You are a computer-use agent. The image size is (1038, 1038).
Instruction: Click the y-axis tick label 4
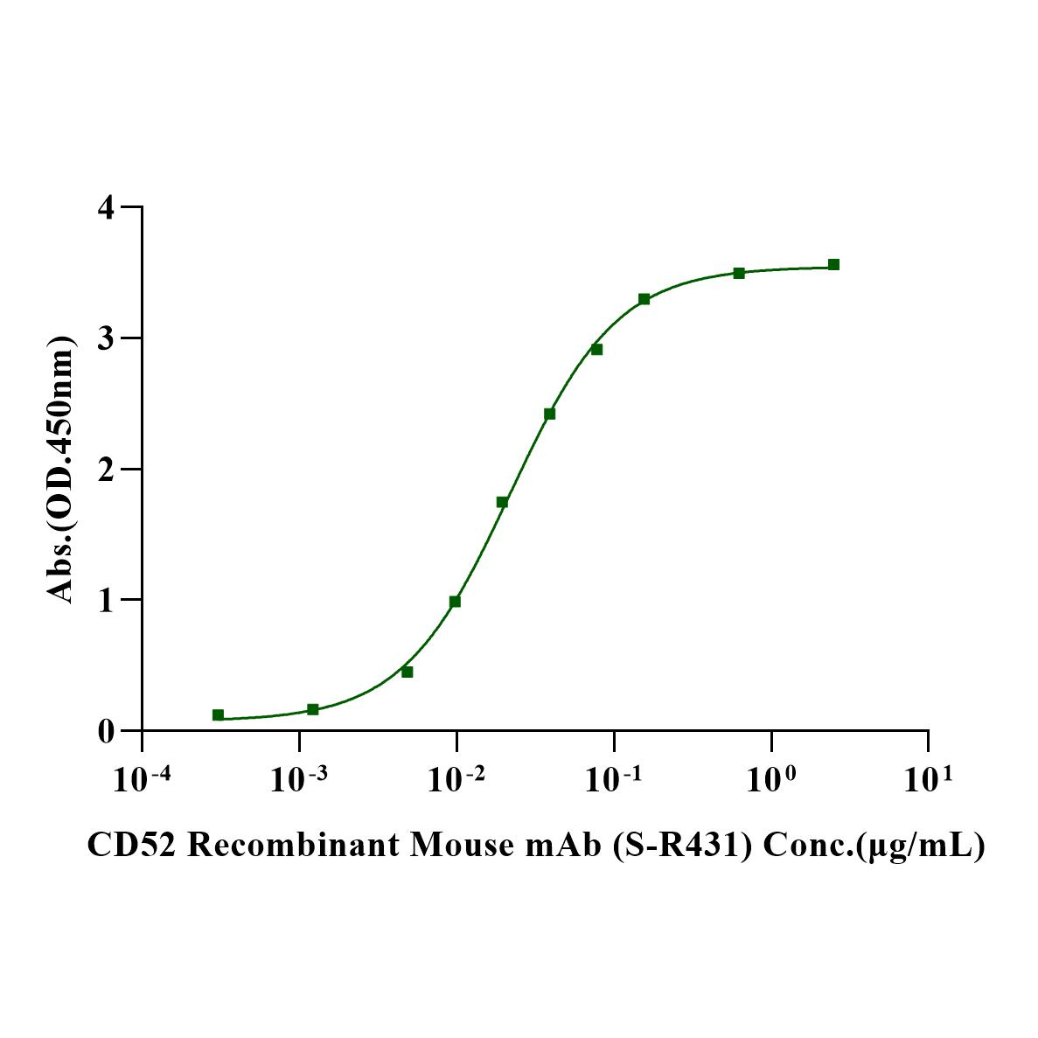point(106,208)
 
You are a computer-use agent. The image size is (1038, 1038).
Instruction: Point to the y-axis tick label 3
point(106,338)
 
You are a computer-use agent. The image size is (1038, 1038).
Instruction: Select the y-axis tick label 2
point(106,470)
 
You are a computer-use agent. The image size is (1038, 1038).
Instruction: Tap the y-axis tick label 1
point(106,600)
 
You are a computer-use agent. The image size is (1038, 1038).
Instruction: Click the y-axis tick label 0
point(106,731)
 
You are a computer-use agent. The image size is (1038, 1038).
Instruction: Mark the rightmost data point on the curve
point(833,264)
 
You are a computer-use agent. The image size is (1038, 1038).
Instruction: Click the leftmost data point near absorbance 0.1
point(218,715)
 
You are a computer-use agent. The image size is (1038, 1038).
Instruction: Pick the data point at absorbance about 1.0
point(455,602)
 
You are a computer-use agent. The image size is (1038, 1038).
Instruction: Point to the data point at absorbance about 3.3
point(644,299)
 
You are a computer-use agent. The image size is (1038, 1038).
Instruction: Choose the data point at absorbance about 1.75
point(502,502)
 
